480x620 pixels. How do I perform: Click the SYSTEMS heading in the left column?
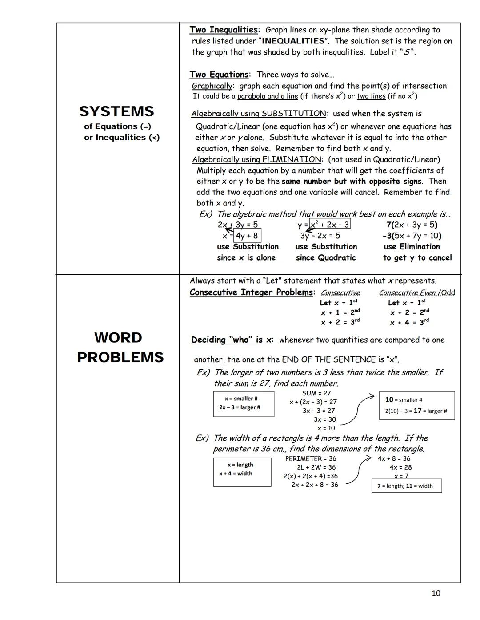[116, 111]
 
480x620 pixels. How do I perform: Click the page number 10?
[436, 593]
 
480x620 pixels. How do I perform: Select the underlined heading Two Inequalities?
[223, 30]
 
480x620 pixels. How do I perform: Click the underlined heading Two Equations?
[219, 75]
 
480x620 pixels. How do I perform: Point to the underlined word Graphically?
[212, 86]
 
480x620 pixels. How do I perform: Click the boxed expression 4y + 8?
[247, 236]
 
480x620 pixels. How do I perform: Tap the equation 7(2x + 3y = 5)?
[412, 225]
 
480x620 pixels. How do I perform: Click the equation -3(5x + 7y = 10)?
[412, 236]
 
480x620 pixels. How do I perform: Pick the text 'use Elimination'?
[412, 247]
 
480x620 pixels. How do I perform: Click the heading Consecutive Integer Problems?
[251, 292]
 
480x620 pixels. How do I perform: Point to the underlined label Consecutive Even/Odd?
[416, 293]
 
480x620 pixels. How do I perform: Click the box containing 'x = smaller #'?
[244, 403]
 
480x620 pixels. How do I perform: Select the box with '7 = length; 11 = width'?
[406, 486]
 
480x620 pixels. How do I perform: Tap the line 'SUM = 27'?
[316, 393]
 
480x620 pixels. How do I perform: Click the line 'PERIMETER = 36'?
[311, 458]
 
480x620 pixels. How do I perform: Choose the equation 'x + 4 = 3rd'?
[409, 322]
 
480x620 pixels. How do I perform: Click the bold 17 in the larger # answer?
[417, 411]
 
